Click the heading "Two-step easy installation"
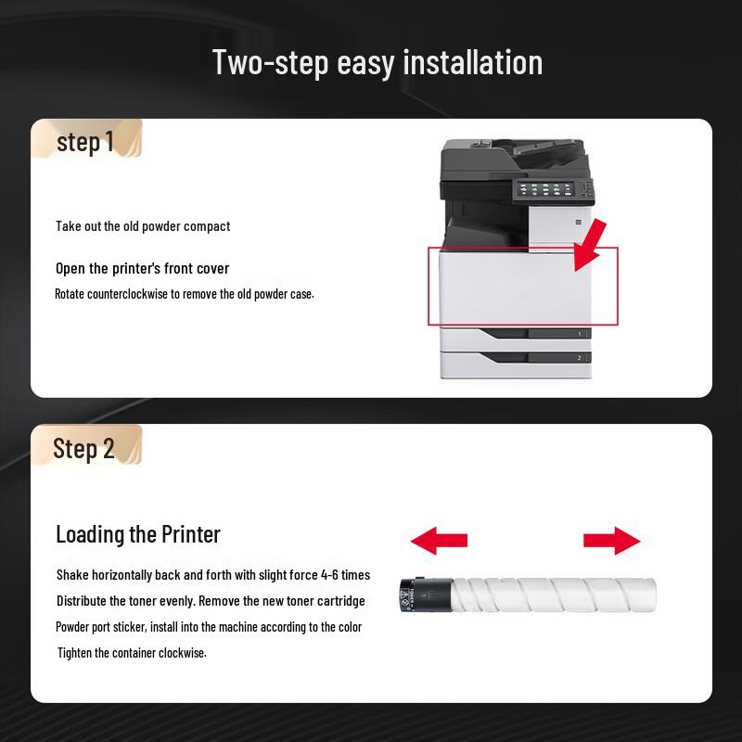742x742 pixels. click(377, 62)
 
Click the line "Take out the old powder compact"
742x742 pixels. click(143, 226)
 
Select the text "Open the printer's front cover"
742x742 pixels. click(143, 268)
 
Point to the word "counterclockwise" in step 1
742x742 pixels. click(127, 294)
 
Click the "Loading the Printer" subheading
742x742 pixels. click(138, 534)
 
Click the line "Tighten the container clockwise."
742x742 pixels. click(132, 653)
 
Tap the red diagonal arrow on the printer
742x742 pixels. click(590, 245)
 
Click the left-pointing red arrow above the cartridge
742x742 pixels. click(439, 541)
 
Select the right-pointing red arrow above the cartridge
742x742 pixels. click(612, 541)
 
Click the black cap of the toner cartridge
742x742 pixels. click(426, 595)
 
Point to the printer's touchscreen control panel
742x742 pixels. click(546, 190)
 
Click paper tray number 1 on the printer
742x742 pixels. click(516, 339)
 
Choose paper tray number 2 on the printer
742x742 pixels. click(516, 365)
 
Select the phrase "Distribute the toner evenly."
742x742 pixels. click(126, 601)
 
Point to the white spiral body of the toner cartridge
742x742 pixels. click(554, 595)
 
